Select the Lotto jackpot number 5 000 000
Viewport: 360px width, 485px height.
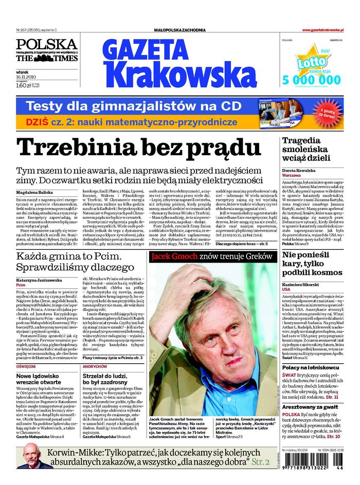pyautogui.click(x=312, y=80)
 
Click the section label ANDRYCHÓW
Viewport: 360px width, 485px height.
pyautogui.click(x=94, y=366)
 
